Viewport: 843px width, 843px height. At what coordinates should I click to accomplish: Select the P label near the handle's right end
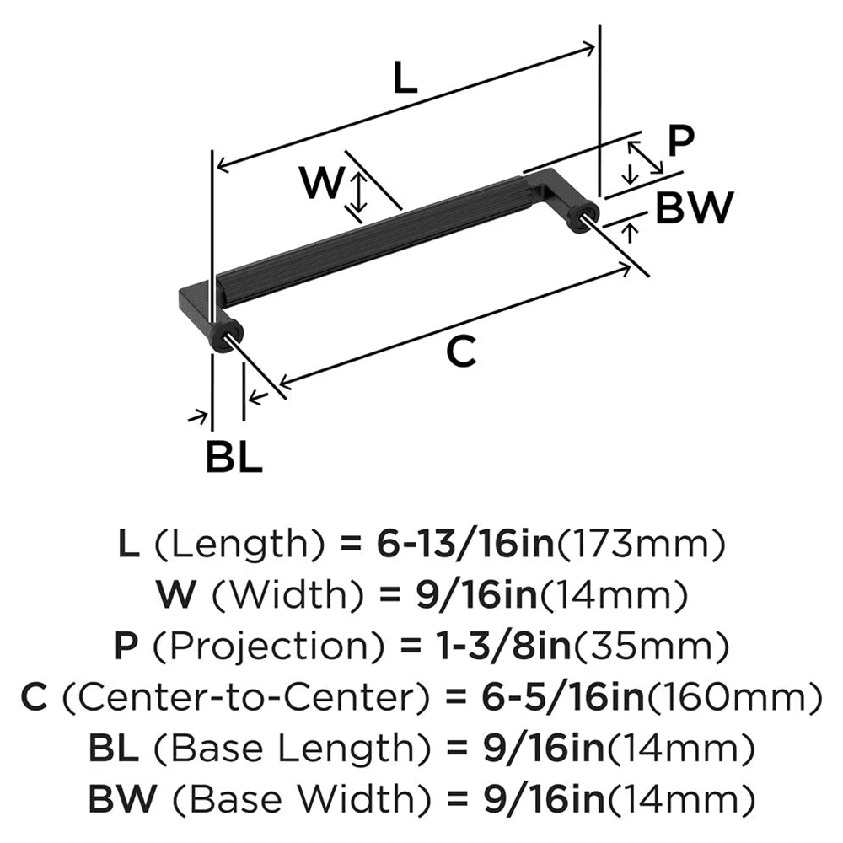point(679,141)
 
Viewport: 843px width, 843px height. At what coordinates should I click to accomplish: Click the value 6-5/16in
point(548,697)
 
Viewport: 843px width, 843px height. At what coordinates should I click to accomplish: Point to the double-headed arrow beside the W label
point(359,193)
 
